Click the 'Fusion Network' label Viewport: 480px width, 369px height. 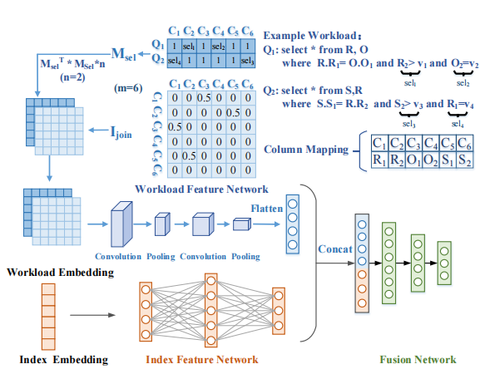point(417,359)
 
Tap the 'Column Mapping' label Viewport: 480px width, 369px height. point(304,150)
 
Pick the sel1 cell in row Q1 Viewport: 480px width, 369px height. point(191,47)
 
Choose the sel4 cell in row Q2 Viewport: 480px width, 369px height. point(174,61)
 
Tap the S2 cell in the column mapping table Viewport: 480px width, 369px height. point(463,160)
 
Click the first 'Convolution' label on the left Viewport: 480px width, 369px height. point(118,254)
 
